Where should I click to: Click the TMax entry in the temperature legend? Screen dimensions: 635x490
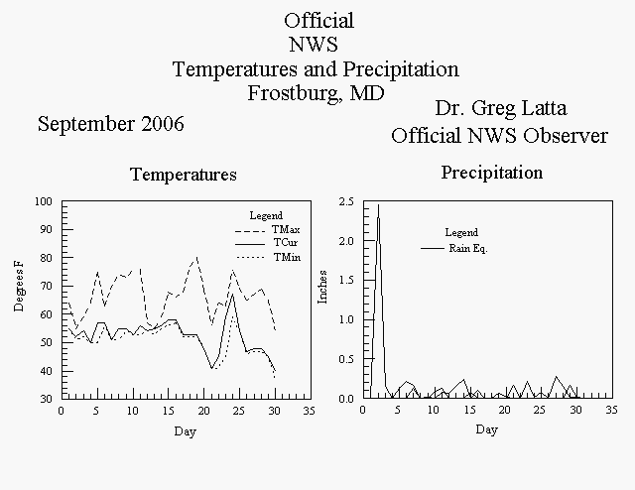(286, 229)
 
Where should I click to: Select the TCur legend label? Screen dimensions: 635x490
(286, 243)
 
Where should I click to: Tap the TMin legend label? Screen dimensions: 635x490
(287, 257)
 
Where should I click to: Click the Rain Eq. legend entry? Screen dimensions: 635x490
(467, 248)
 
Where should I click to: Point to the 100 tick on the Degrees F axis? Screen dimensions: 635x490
(44, 201)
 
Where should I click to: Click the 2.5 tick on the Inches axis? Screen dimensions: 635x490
(346, 201)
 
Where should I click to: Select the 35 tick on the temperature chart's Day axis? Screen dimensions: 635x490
(309, 411)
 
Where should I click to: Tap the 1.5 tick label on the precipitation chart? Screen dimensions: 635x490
(346, 281)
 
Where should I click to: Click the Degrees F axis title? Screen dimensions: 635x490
(19, 287)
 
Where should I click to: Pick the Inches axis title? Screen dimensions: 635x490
(322, 287)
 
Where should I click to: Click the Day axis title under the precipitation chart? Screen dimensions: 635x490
(487, 430)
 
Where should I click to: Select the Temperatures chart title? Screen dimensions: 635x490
(184, 175)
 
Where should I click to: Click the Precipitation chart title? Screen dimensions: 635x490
(492, 173)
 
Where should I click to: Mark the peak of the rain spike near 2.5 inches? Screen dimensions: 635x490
(378, 205)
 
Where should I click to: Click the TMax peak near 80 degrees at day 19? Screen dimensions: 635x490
(196, 257)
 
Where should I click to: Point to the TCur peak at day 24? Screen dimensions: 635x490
(232, 295)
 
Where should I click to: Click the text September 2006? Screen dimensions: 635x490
(111, 124)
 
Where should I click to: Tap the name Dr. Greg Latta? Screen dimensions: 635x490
(501, 108)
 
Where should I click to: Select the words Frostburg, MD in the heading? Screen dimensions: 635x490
(316, 93)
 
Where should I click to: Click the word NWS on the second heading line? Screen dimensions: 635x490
(314, 45)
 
